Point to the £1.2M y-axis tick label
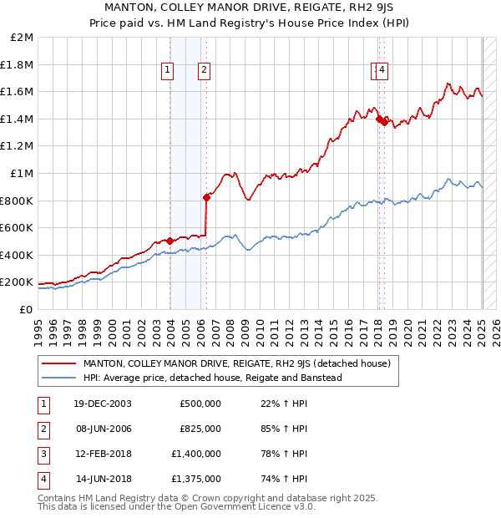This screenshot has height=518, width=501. [18, 146]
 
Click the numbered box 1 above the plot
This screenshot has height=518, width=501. [169, 70]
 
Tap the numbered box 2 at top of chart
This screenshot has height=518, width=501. [204, 70]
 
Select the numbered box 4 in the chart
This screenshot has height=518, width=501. [382, 70]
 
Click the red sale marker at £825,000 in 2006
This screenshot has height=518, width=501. [206, 197]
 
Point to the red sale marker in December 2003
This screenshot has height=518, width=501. [170, 241]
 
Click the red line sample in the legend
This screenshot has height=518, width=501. [59, 363]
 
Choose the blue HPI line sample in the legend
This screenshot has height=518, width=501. [59, 378]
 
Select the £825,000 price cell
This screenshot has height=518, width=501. [200, 429]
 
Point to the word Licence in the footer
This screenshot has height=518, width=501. [266, 506]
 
